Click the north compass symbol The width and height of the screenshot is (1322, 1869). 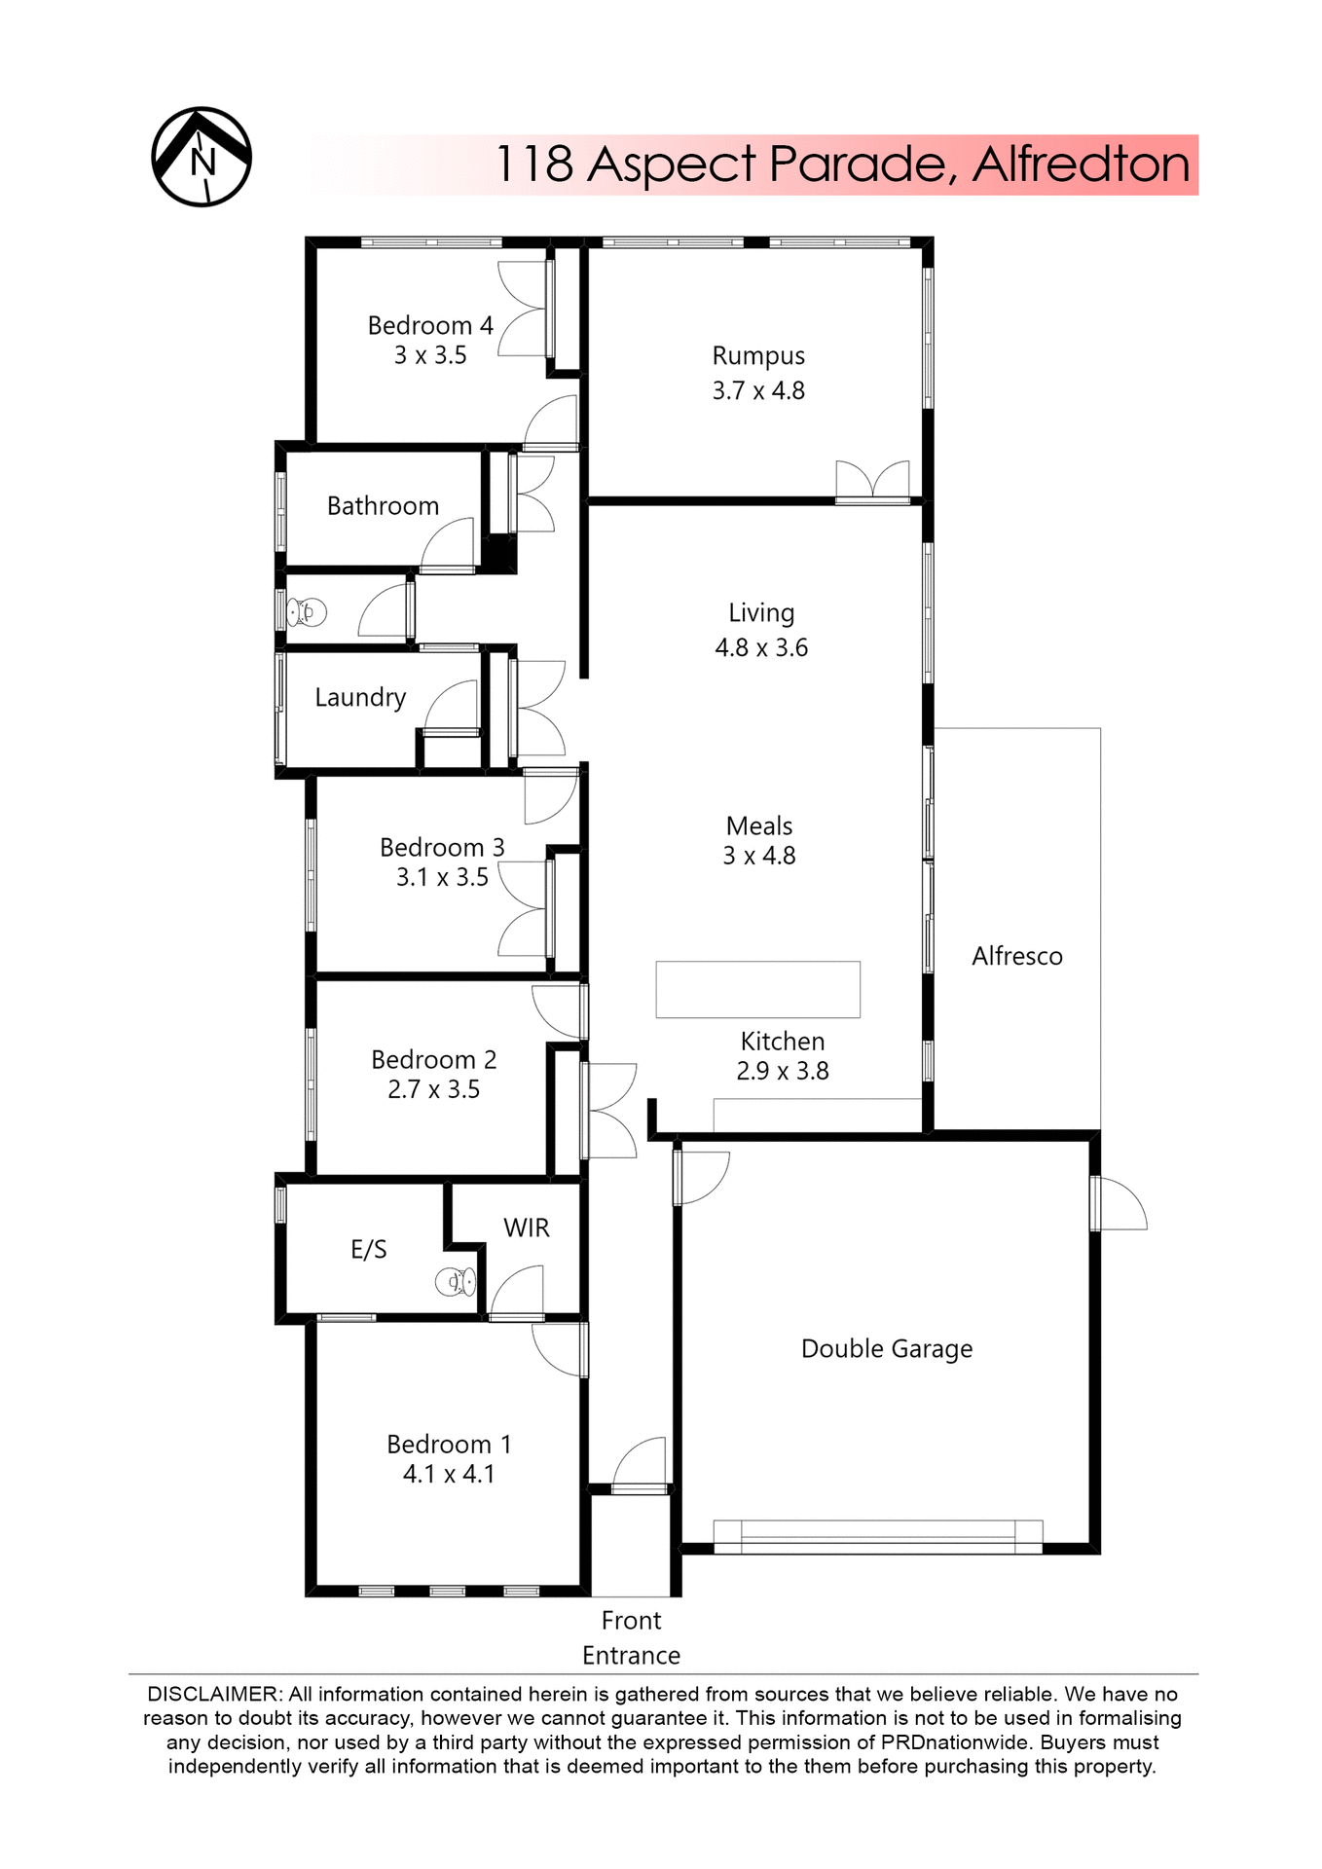(x=202, y=157)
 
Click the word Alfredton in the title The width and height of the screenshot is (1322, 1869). (x=1081, y=165)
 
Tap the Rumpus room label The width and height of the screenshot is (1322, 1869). (x=758, y=356)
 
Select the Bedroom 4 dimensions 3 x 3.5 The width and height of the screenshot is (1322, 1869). (x=430, y=356)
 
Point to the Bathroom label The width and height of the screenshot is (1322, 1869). (x=383, y=506)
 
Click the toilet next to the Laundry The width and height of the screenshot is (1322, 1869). (x=308, y=612)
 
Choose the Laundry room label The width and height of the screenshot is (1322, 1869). (x=360, y=698)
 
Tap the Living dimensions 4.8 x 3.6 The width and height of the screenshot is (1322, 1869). (x=761, y=648)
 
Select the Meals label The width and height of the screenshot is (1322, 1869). (x=759, y=826)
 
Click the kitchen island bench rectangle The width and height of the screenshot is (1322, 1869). (x=757, y=989)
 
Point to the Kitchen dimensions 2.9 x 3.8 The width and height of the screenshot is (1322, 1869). (x=783, y=1072)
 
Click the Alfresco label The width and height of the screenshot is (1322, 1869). (x=1017, y=956)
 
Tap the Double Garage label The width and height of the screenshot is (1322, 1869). (x=887, y=1349)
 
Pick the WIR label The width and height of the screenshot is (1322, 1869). (x=527, y=1228)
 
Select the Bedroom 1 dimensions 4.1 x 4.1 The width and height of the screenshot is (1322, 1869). (x=449, y=1475)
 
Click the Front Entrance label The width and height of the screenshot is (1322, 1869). (x=631, y=1637)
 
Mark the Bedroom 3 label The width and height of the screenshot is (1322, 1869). (x=442, y=848)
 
